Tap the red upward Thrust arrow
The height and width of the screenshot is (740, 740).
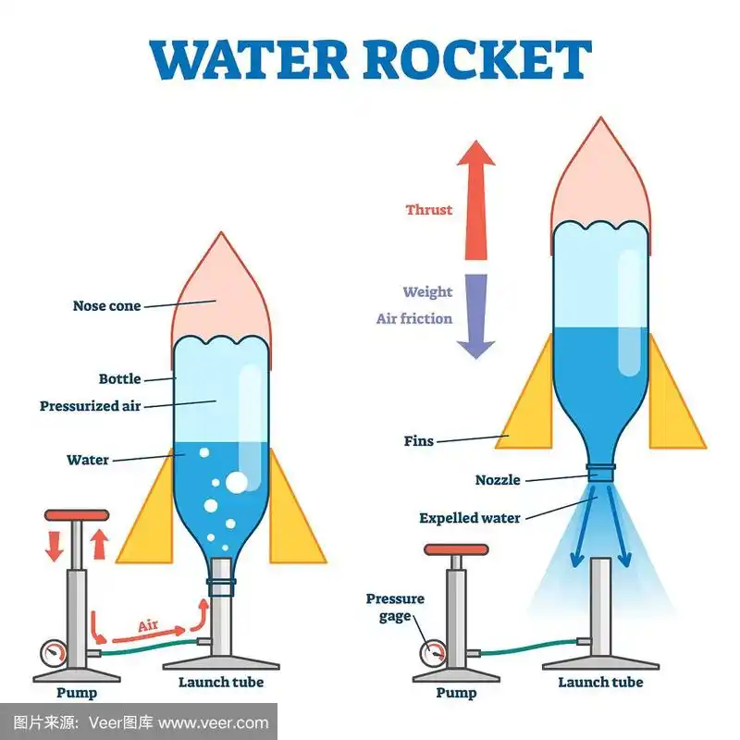pos(475,199)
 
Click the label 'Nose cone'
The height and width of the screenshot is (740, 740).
pos(107,306)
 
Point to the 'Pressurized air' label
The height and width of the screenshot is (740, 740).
pos(91,406)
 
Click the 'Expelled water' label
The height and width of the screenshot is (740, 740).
pos(470,518)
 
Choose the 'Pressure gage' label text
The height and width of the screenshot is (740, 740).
pos(395,608)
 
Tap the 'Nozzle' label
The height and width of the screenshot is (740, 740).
pos(498,480)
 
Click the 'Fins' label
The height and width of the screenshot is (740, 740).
pos(418,441)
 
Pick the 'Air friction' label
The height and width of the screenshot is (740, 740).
pos(414,319)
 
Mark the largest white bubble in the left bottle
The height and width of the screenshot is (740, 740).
pos(237,482)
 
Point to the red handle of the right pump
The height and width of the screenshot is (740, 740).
pos(456,549)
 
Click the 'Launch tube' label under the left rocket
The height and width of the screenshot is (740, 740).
pos(220,683)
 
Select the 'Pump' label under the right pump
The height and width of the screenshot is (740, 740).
pos(456,693)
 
